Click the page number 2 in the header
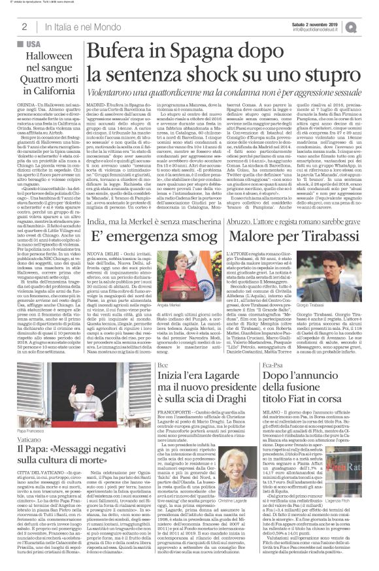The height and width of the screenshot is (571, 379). [24, 26]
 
